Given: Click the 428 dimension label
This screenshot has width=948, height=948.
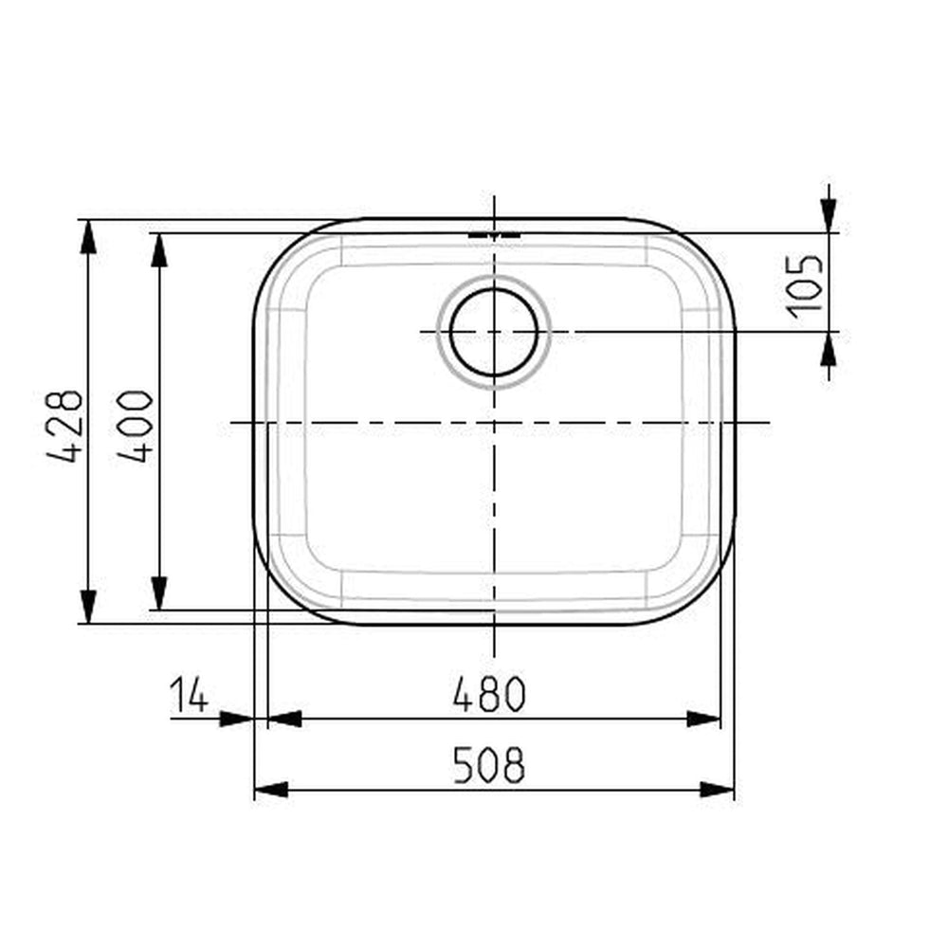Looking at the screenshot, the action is pyautogui.click(x=64, y=427).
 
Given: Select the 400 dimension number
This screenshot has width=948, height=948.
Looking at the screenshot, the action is pyautogui.click(x=135, y=427).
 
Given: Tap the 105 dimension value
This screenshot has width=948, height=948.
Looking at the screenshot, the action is pyautogui.click(x=804, y=286).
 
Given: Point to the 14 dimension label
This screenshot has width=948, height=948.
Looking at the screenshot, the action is pyautogui.click(x=189, y=695).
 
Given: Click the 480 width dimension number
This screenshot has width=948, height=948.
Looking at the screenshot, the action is pyautogui.click(x=490, y=695).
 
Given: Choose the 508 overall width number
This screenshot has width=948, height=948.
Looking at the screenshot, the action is pyautogui.click(x=489, y=765).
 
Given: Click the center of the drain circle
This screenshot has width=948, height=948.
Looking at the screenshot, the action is pyautogui.click(x=494, y=332).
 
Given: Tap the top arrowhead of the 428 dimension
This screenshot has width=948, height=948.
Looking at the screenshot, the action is pyautogui.click(x=88, y=237).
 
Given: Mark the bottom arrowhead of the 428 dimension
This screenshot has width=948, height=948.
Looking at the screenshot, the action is pyautogui.click(x=88, y=607).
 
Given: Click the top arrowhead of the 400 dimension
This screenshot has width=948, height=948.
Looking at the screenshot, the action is pyautogui.click(x=159, y=249).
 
